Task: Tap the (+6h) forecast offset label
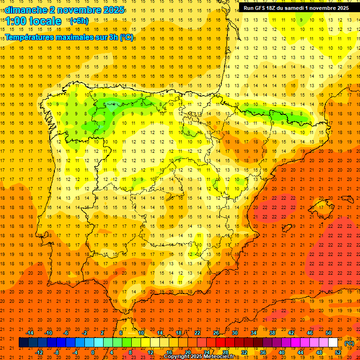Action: [78, 21]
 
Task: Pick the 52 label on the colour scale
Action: [338, 352]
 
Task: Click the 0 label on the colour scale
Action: [93, 352]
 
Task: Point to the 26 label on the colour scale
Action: [216, 333]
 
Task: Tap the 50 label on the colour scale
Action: [329, 333]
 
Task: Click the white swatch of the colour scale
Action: [333, 343]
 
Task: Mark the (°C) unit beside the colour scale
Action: [349, 343]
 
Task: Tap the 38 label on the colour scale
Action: [272, 333]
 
